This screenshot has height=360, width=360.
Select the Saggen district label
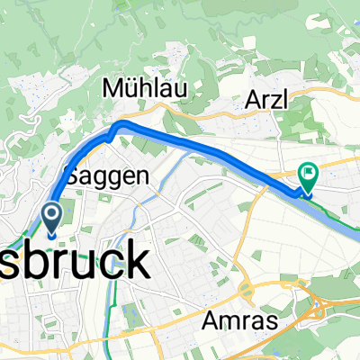point(106,177)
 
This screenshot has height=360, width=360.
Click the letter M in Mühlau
point(114,89)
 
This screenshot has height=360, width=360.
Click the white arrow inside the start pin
point(51,214)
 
